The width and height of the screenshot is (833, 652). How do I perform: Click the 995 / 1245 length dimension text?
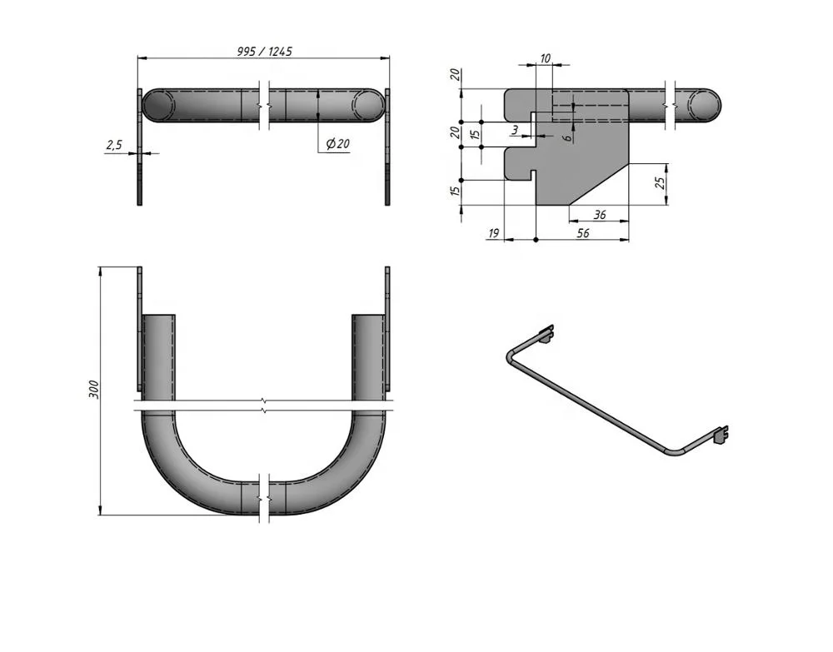(x=264, y=51)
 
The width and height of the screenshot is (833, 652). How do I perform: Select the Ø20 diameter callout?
(x=337, y=144)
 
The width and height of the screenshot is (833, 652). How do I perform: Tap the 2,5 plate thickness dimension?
(x=114, y=145)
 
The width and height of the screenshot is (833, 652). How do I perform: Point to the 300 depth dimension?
(x=93, y=389)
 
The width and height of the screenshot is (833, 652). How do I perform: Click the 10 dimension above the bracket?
(x=546, y=58)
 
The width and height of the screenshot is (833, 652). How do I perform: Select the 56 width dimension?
(x=583, y=234)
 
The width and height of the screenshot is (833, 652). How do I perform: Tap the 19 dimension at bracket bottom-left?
(x=492, y=234)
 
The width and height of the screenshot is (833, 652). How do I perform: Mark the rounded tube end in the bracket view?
(x=708, y=104)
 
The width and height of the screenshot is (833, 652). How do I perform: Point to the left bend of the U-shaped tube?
(x=167, y=458)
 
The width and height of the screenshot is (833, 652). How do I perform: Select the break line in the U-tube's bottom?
(x=263, y=498)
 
